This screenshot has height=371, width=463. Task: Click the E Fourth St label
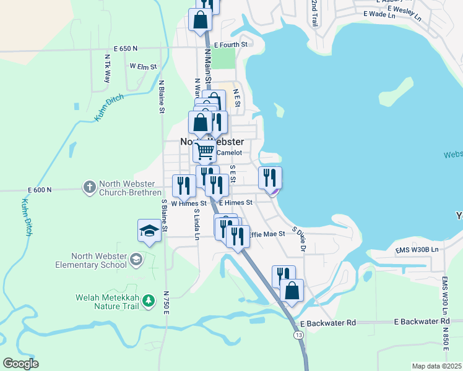(x=230, y=45)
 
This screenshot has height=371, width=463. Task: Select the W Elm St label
(x=143, y=66)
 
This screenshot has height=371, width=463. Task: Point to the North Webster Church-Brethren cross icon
(x=90, y=186)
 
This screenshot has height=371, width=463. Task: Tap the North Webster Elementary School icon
(x=135, y=260)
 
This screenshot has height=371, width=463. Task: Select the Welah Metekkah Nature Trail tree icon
(x=148, y=301)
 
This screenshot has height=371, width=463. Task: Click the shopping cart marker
(x=205, y=150)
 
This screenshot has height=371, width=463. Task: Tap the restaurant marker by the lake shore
(x=270, y=177)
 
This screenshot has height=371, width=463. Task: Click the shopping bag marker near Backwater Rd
(x=292, y=291)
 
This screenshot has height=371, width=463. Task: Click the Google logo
(x=20, y=364)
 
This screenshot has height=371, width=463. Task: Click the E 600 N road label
(x=40, y=190)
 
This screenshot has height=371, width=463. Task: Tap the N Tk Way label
(x=107, y=69)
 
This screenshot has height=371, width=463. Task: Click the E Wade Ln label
(x=379, y=13)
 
